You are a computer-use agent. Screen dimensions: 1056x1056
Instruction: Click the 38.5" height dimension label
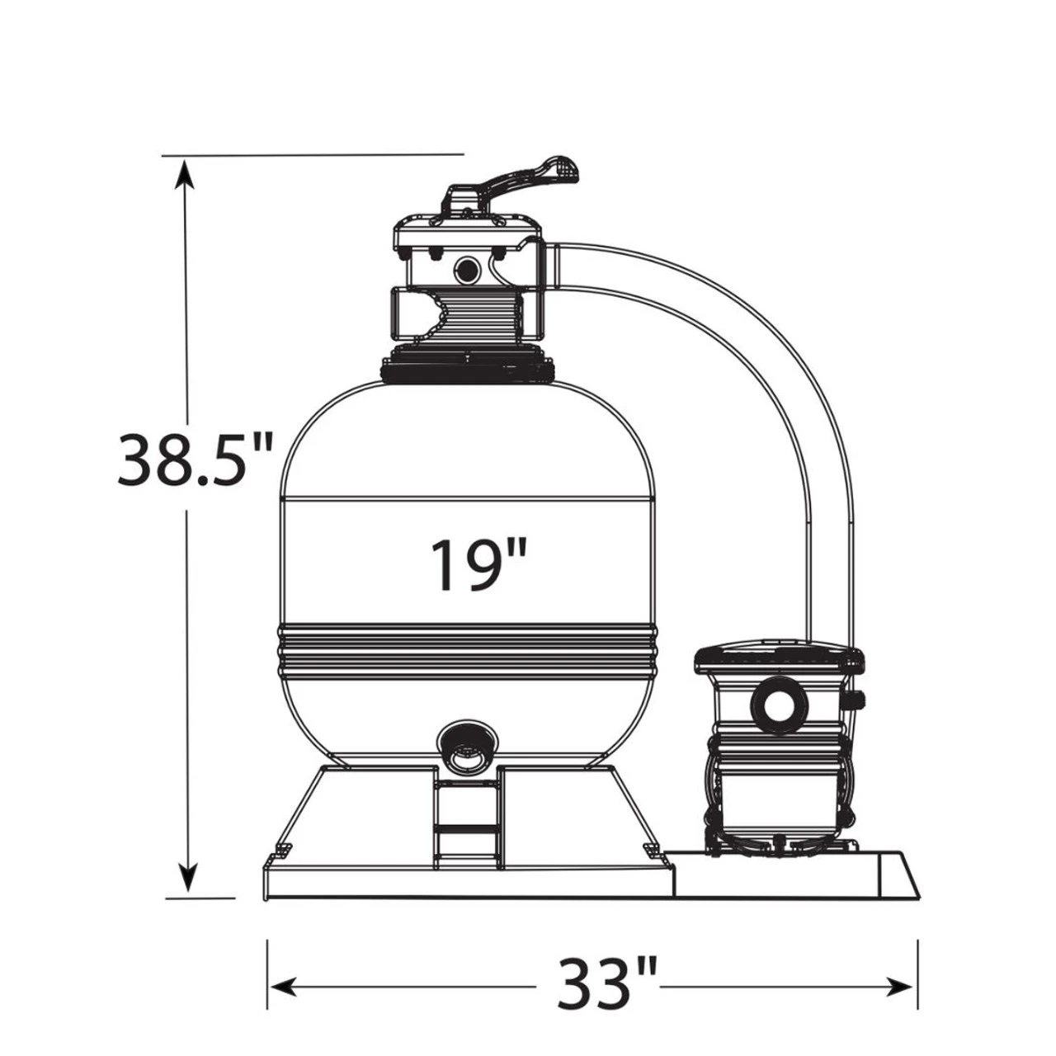[x=195, y=460]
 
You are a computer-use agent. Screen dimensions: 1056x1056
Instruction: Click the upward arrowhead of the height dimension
[x=184, y=174]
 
